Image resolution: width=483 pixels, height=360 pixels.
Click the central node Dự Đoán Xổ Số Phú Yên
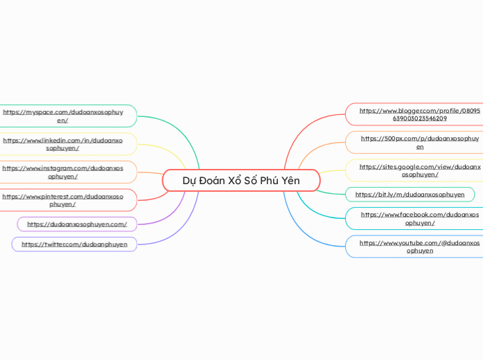coord(240,181)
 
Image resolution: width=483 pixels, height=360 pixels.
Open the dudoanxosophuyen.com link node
coord(77,224)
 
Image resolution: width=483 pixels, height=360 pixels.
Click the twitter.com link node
coord(74,244)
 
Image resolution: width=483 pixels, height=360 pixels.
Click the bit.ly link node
coord(410,195)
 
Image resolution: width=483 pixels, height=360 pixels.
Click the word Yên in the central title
coord(290,181)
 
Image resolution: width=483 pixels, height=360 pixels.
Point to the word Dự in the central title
coord(189,181)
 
